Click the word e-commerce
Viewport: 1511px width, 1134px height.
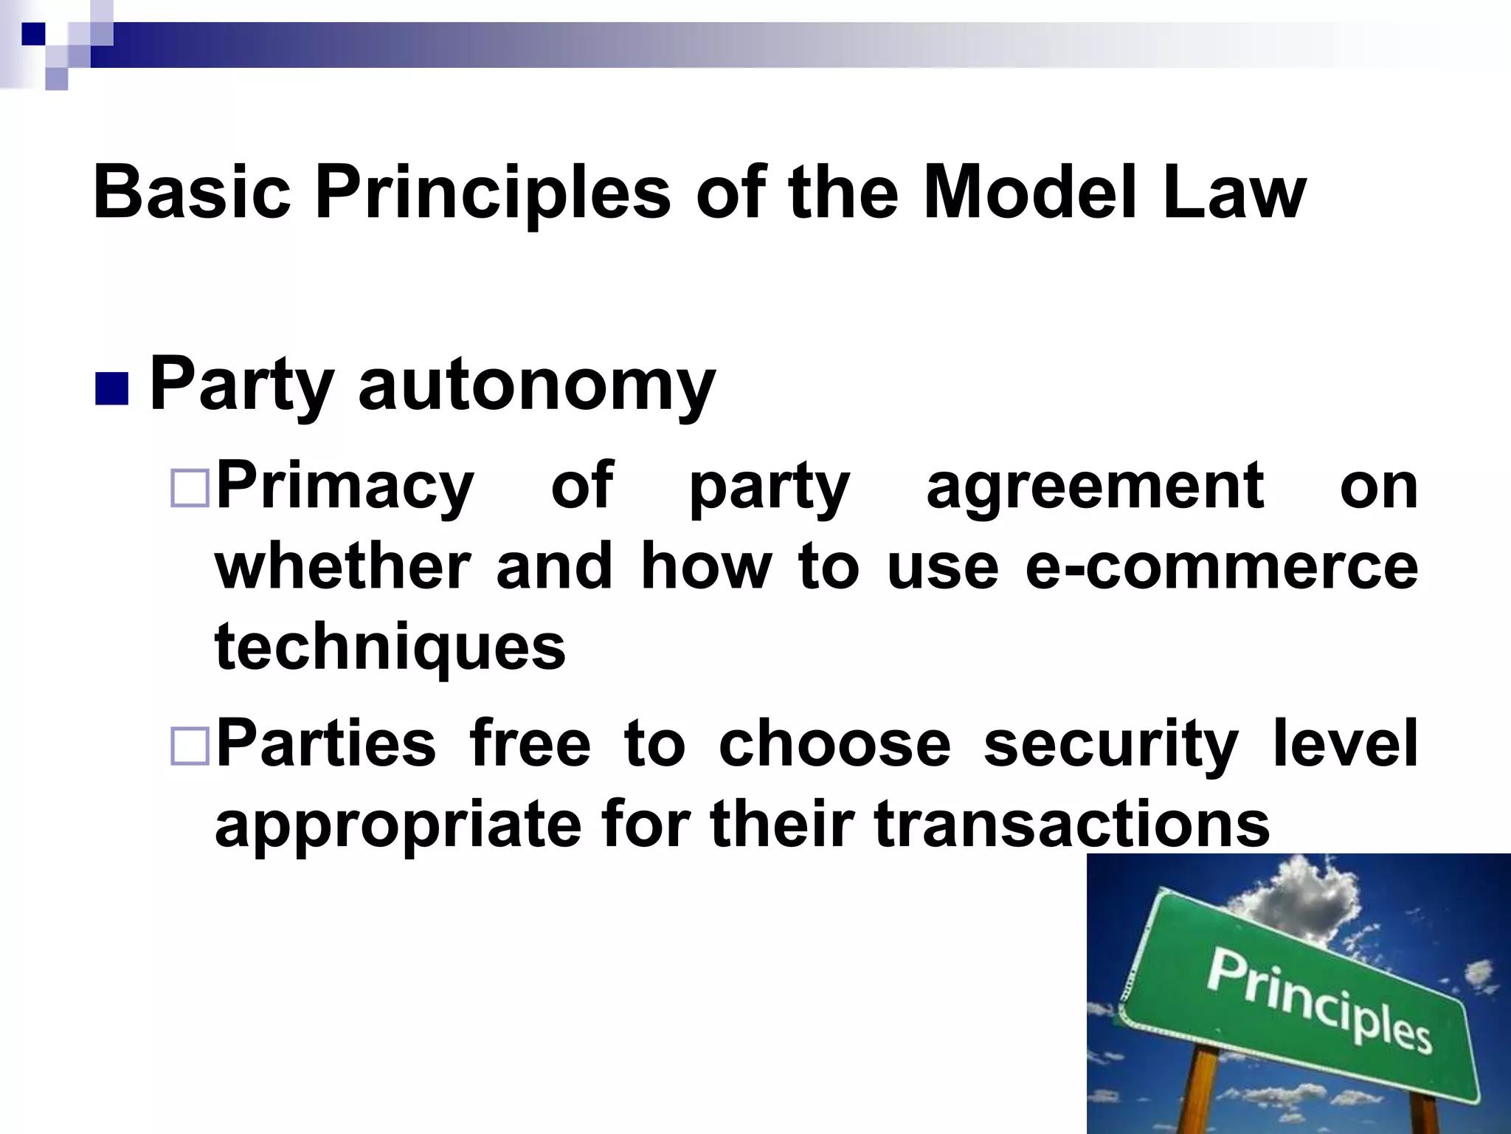click(x=1221, y=567)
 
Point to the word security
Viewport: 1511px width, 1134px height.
click(x=1110, y=744)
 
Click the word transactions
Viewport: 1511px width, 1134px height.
click(x=1071, y=824)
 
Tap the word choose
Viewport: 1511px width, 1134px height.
click(x=834, y=744)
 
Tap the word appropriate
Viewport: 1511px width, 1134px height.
click(x=398, y=825)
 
